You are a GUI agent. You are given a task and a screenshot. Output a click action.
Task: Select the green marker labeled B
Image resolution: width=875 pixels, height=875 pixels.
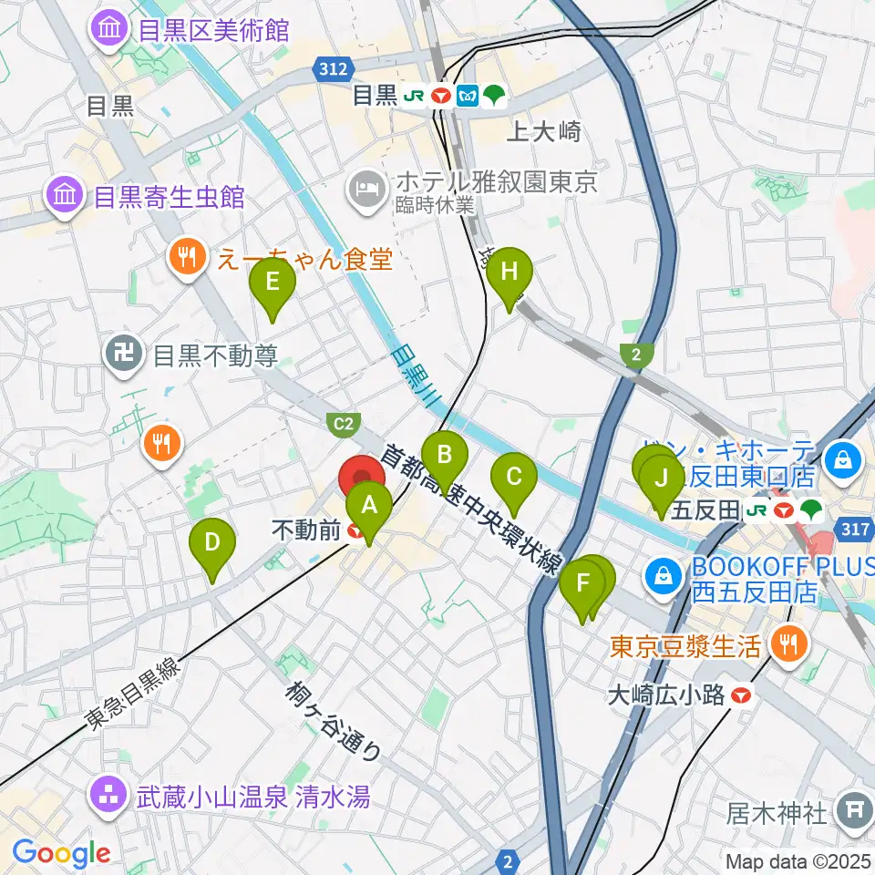pos(445,455)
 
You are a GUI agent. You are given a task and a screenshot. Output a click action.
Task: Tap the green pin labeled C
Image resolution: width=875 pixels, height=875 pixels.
pos(514,477)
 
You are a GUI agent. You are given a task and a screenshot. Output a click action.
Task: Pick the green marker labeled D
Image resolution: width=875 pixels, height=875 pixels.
pos(211,544)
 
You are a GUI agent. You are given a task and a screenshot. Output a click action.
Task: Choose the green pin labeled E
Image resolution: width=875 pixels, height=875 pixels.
pos(272,283)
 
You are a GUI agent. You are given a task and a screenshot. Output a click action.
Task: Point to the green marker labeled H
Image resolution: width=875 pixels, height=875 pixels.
pos(509,272)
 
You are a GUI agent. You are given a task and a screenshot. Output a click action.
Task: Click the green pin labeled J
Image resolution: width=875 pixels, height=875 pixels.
pos(662,479)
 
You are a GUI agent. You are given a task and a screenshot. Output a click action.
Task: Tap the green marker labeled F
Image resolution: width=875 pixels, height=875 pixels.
pos(582,584)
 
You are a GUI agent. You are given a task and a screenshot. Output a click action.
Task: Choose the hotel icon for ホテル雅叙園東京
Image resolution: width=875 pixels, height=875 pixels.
pos(366,190)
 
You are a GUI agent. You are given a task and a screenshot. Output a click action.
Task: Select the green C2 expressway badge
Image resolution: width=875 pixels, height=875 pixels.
pos(344,423)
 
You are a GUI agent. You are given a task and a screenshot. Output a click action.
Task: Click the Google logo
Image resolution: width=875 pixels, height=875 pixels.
pos(61,854)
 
